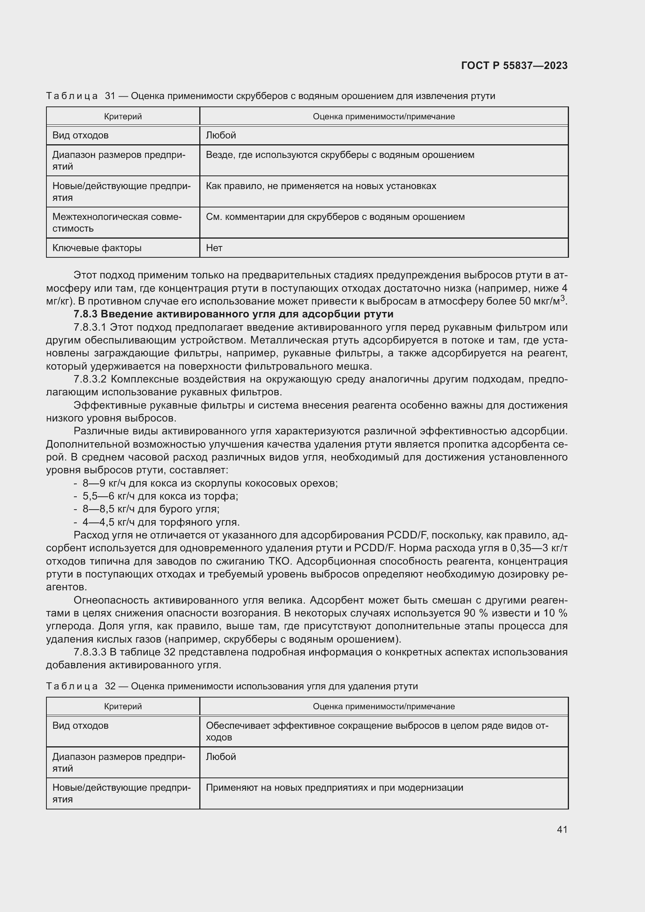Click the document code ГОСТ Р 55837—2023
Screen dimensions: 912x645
[x=514, y=66]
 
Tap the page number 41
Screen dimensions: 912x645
[x=562, y=829]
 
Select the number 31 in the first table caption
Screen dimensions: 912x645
[x=110, y=96]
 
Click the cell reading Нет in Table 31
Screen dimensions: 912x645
[x=214, y=248]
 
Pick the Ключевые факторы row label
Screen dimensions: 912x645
[x=97, y=248]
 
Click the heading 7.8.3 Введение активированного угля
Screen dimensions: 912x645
[x=234, y=314]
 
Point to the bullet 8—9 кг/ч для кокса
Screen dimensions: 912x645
[x=210, y=483]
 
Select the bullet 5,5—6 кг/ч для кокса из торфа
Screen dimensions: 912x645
[x=160, y=496]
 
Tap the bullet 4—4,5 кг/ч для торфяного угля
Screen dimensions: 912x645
[x=161, y=522]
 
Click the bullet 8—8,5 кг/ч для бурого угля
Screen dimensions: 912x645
[x=151, y=509]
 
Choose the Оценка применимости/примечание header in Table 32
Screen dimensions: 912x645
[x=384, y=706]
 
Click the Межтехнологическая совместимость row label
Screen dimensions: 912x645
[x=117, y=222]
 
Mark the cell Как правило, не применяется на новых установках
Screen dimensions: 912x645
[x=321, y=186]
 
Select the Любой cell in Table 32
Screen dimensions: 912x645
[x=221, y=757]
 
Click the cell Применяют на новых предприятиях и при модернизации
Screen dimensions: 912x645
[x=335, y=788]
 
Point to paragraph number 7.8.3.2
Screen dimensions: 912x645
[x=90, y=379]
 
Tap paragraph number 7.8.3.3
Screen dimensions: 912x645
[x=90, y=652]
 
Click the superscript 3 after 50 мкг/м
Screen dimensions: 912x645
[x=562, y=298]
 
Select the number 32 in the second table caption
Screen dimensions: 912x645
[x=110, y=686]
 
